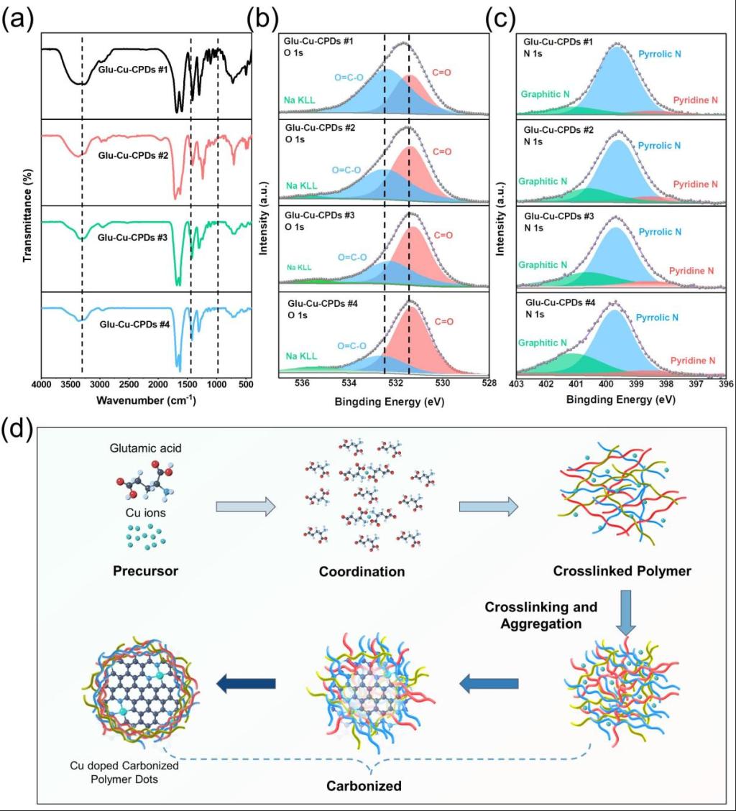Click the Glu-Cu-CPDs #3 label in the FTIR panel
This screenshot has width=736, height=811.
click(x=134, y=236)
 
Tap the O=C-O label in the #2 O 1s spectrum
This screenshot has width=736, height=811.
click(x=346, y=170)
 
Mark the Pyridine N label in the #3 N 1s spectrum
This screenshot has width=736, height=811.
click(x=691, y=271)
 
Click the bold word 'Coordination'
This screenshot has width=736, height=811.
click(x=362, y=573)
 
